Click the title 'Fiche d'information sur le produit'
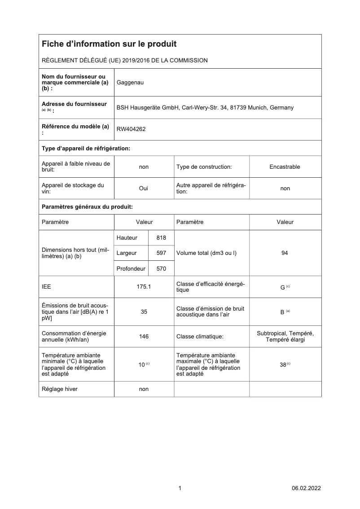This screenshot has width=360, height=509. [x=109, y=44]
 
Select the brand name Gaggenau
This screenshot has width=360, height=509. [x=130, y=83]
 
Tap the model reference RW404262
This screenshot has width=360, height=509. [x=131, y=129]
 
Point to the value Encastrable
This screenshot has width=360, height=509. [x=285, y=167]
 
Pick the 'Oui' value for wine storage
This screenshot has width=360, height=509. [x=144, y=189]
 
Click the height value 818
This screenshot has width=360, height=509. [x=161, y=238]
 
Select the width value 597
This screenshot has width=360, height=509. [x=161, y=253]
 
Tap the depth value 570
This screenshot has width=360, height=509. [x=161, y=269]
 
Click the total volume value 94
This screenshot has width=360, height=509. [x=285, y=253]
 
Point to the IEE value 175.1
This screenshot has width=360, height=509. [x=144, y=287]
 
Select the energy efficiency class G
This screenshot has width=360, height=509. [x=283, y=287]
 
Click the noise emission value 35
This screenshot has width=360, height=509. [x=144, y=312]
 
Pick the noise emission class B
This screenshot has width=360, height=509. [x=283, y=312]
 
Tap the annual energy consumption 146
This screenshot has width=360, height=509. [x=144, y=336]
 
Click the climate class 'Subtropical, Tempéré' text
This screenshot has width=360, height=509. [x=285, y=333]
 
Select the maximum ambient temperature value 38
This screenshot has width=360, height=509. [x=283, y=365]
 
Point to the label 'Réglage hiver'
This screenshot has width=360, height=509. [x=59, y=389]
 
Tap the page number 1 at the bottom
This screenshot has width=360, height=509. [x=180, y=488]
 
